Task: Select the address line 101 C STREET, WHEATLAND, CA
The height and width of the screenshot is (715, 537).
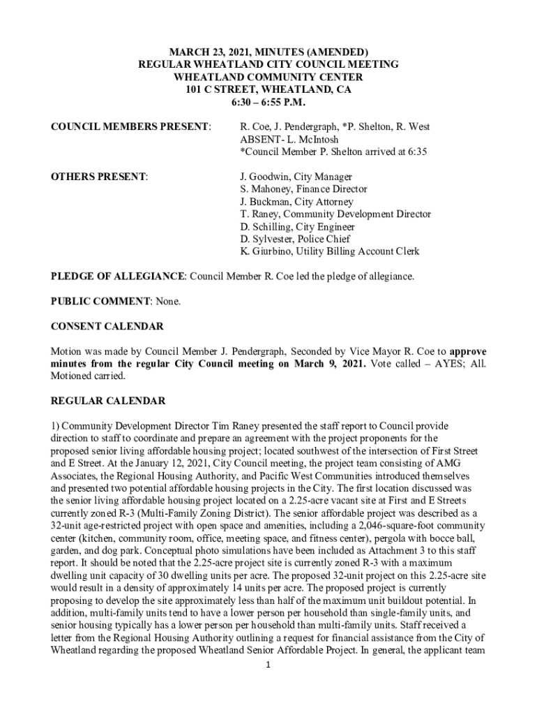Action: tap(268, 90)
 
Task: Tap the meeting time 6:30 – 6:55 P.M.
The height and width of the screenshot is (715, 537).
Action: tap(268, 103)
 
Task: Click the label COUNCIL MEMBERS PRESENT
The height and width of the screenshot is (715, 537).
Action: tap(131, 126)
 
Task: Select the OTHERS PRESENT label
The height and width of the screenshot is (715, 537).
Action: tap(100, 177)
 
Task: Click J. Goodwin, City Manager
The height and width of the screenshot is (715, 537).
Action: tap(296, 177)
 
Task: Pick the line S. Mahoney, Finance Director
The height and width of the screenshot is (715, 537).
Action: tap(303, 189)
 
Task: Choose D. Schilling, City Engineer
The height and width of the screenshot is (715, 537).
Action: tap(298, 227)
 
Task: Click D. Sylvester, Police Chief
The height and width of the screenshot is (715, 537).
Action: tap(296, 239)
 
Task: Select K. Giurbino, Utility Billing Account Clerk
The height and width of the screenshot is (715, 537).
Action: tap(330, 252)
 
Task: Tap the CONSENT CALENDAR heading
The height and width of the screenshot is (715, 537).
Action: tap(107, 327)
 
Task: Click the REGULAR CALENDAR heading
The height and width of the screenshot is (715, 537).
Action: tap(108, 401)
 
